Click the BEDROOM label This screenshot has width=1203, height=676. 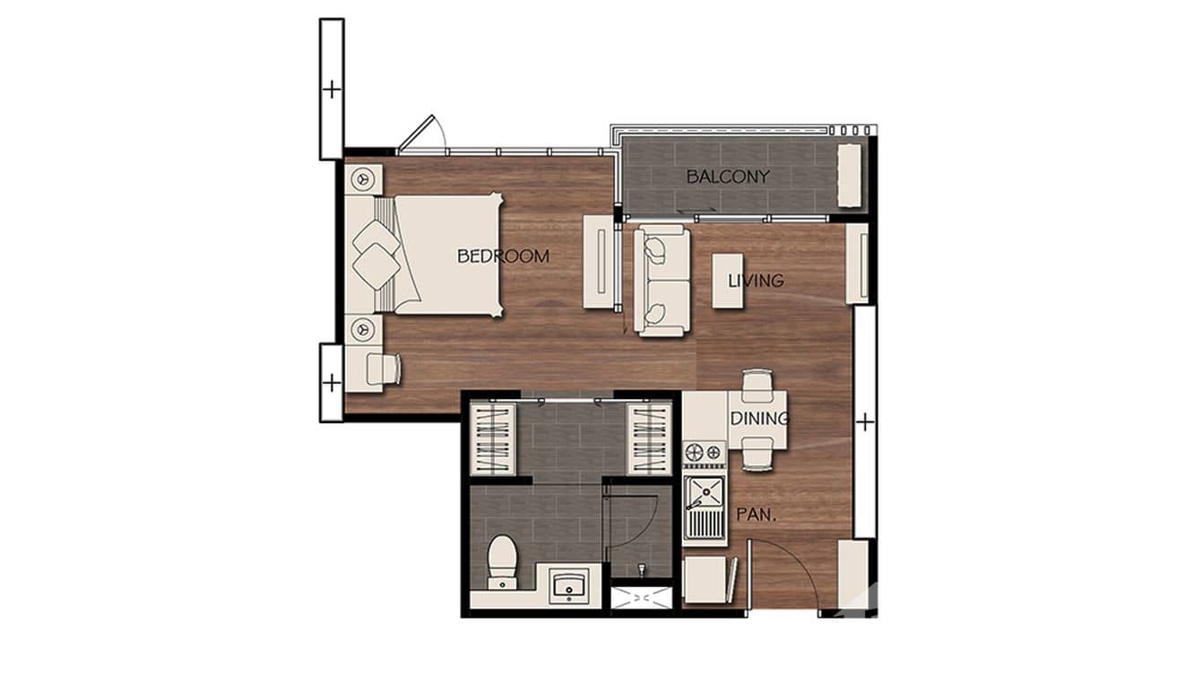[x=503, y=256]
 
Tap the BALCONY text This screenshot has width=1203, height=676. [x=727, y=177]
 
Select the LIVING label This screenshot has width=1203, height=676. [x=755, y=281]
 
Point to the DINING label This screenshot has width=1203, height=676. [x=758, y=419]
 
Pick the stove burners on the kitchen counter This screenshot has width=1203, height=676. [x=704, y=453]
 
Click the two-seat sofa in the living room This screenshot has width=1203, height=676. [x=662, y=280]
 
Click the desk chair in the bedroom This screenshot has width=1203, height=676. [x=383, y=368]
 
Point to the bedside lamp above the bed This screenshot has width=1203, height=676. [x=364, y=179]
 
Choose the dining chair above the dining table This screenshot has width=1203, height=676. [x=756, y=382]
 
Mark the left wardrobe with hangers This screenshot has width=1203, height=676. [x=492, y=438]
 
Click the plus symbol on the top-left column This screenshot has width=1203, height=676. [x=331, y=90]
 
